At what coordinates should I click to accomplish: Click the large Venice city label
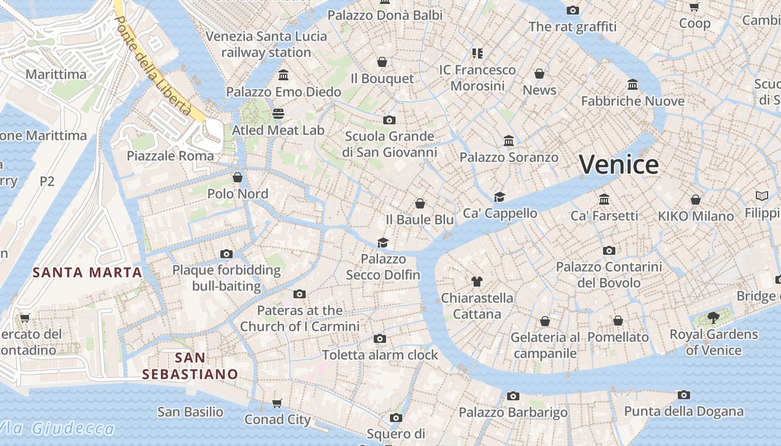619,164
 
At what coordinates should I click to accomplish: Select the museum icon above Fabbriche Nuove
633,85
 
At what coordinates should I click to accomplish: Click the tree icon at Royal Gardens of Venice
713,318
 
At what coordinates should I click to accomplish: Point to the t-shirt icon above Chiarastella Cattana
476,281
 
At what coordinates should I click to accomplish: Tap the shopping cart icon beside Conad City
277,403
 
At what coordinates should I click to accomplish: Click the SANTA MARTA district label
88,273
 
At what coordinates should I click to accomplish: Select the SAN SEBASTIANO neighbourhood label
190,366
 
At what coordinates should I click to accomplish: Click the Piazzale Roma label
170,156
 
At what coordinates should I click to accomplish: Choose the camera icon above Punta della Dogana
684,395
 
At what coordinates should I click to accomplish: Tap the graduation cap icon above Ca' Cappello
499,197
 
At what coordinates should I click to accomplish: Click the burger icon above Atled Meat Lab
278,114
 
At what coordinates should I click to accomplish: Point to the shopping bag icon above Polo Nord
238,177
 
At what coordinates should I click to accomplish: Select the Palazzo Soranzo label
509,157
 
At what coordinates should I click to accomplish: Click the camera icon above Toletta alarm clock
380,338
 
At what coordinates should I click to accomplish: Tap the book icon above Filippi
762,196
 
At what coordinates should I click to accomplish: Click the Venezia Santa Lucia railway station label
266,45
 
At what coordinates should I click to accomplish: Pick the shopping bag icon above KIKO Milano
696,200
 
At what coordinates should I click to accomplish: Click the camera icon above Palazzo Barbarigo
513,396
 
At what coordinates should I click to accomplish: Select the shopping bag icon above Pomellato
618,321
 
